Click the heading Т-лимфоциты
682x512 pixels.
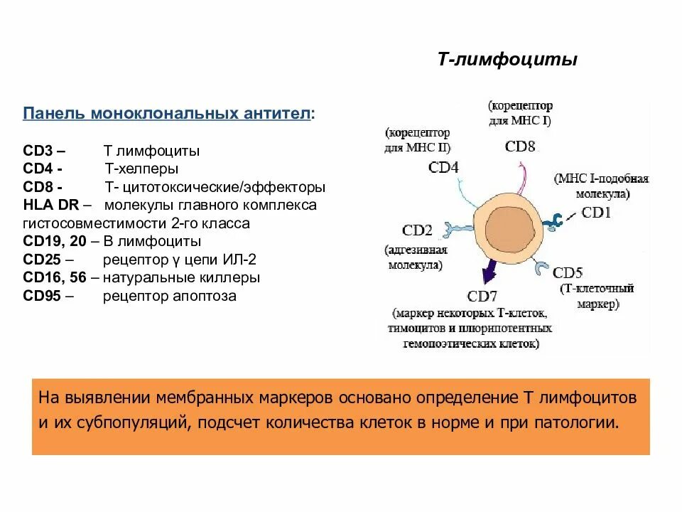point(507,60)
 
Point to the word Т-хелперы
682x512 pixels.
point(141,169)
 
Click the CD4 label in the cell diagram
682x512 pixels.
point(444,167)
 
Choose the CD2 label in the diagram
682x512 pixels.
point(418,230)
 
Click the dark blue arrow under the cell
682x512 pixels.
point(489,270)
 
